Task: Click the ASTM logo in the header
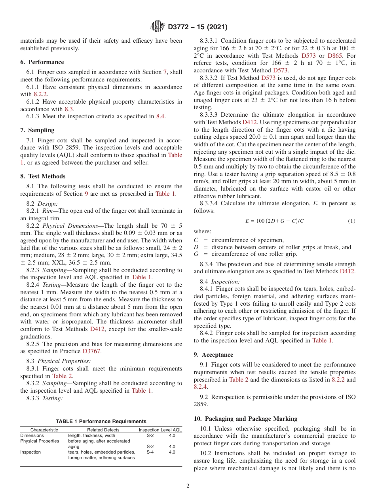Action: [x=158, y=27]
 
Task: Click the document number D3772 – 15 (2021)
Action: [x=197, y=27]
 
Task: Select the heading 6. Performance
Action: [x=42, y=62]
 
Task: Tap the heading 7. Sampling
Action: [x=37, y=130]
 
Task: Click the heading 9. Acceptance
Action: [x=213, y=355]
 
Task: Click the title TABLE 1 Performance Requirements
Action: [x=101, y=422]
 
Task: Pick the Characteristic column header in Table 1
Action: [x=44, y=430]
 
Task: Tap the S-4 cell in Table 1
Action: [x=150, y=452]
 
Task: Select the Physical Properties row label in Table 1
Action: [x=40, y=441]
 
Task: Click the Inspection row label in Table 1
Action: [x=30, y=452]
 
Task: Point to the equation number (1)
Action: [x=351, y=221]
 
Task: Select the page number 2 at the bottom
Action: [x=188, y=486]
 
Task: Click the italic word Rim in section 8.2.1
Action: [x=47, y=211]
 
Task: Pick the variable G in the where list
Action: [x=196, y=254]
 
